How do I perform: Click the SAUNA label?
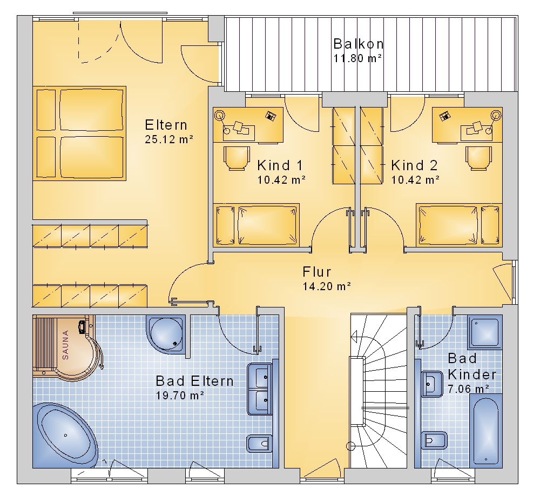point(65,345)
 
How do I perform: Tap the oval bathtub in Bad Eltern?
point(65,435)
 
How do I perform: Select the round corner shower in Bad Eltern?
point(166,334)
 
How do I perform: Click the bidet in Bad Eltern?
point(259,444)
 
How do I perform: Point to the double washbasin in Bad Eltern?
point(260,389)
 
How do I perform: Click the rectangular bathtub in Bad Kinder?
point(486,430)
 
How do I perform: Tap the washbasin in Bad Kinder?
point(432,384)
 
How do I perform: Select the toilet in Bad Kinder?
point(434,440)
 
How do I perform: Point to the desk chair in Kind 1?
point(237,158)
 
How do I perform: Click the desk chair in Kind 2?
point(478,158)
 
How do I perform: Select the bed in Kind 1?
point(256,225)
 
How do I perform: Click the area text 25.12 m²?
point(168,139)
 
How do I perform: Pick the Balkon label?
point(358,44)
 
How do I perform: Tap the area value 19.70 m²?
point(180,395)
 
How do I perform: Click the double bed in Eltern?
point(79,133)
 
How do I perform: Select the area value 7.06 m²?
point(468,389)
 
